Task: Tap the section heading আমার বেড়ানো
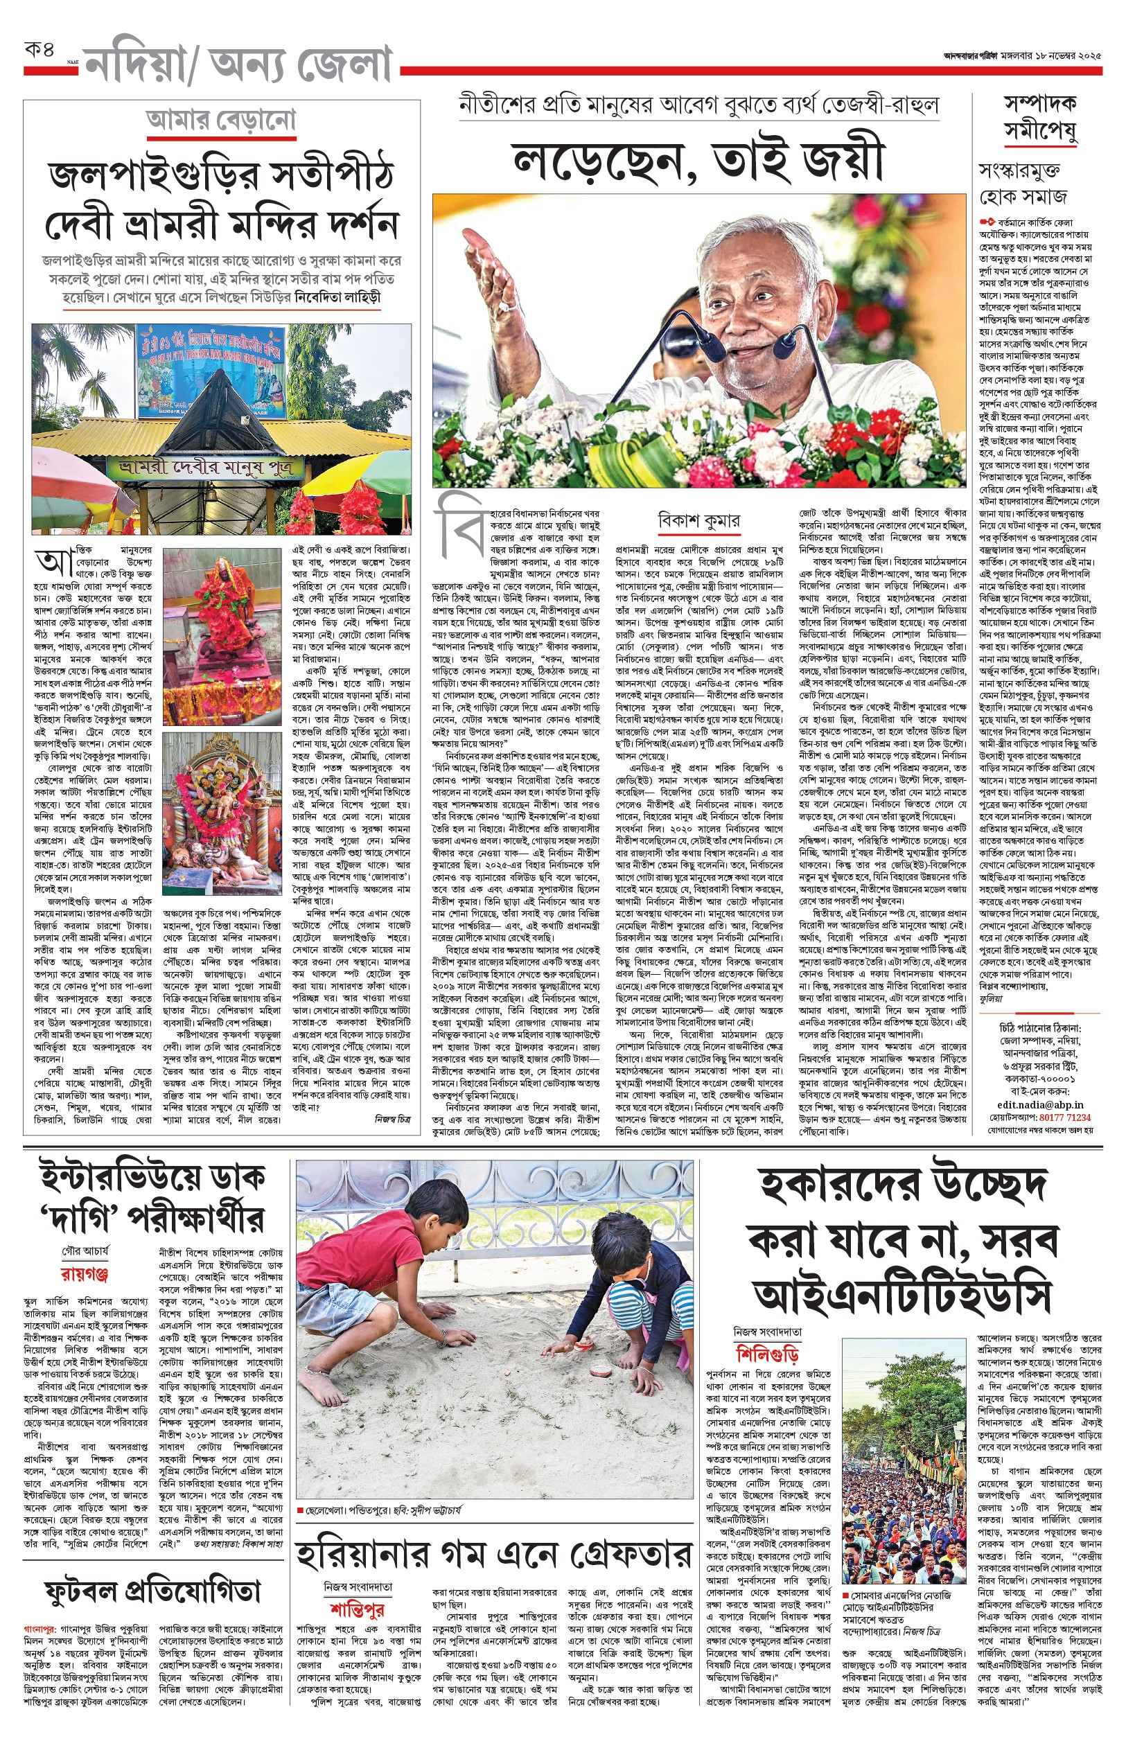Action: [221, 121]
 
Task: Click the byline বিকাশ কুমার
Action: [698, 521]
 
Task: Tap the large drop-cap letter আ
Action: [54, 563]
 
